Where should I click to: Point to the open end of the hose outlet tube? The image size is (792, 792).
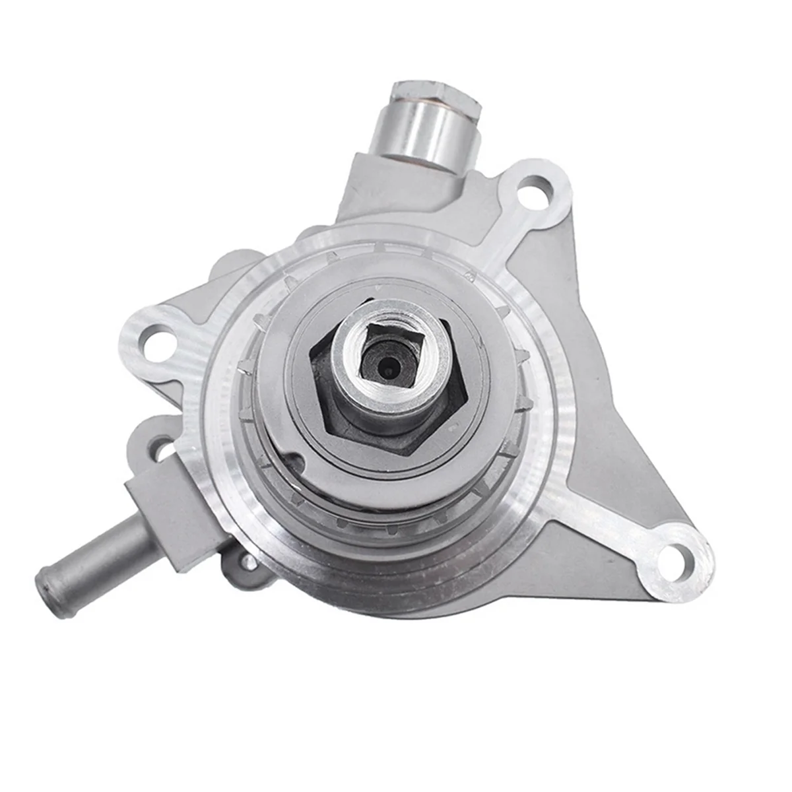pyautogui.click(x=48, y=585)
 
